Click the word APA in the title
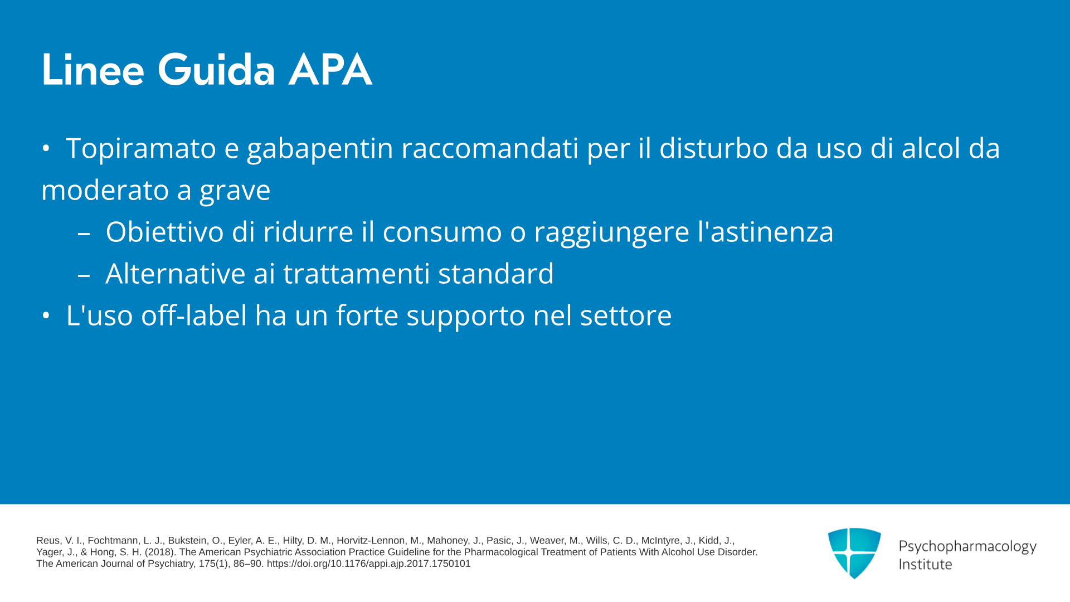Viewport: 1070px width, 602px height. tap(330, 70)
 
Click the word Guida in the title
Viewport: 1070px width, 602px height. tap(216, 70)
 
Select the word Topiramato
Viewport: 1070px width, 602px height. tap(141, 149)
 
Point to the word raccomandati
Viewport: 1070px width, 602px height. tap(490, 148)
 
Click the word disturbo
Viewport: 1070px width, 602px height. tap(713, 148)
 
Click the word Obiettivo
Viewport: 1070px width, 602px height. tap(164, 231)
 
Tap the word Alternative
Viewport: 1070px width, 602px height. tap(176, 274)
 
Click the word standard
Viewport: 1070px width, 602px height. tap(496, 274)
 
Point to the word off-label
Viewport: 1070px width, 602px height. tap(193, 315)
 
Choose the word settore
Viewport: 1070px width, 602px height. tap(626, 316)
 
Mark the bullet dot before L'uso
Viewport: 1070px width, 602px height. tap(46, 316)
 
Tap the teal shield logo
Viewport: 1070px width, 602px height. tap(854, 553)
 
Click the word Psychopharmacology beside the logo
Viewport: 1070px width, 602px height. tap(967, 547)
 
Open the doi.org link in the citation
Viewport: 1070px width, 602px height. tap(368, 564)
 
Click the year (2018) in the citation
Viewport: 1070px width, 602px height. tap(160, 552)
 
